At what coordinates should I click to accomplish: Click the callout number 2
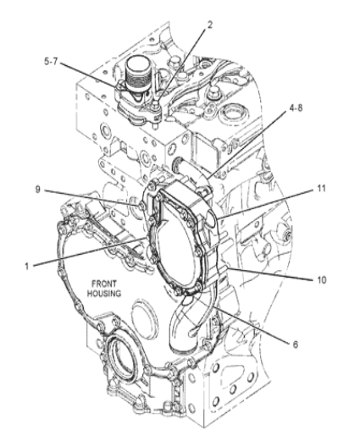pos(209,25)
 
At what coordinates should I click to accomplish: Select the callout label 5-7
pos(51,62)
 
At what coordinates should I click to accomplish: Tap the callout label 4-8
pos(296,107)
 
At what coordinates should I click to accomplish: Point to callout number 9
pos(38,190)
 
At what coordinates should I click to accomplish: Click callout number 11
pos(321,189)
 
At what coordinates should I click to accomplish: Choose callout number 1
pos(27,266)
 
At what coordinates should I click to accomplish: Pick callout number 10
pos(321,280)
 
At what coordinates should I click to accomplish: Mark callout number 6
pos(296,345)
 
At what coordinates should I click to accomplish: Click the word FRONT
pos(104,284)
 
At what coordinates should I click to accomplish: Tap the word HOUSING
pos(104,294)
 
